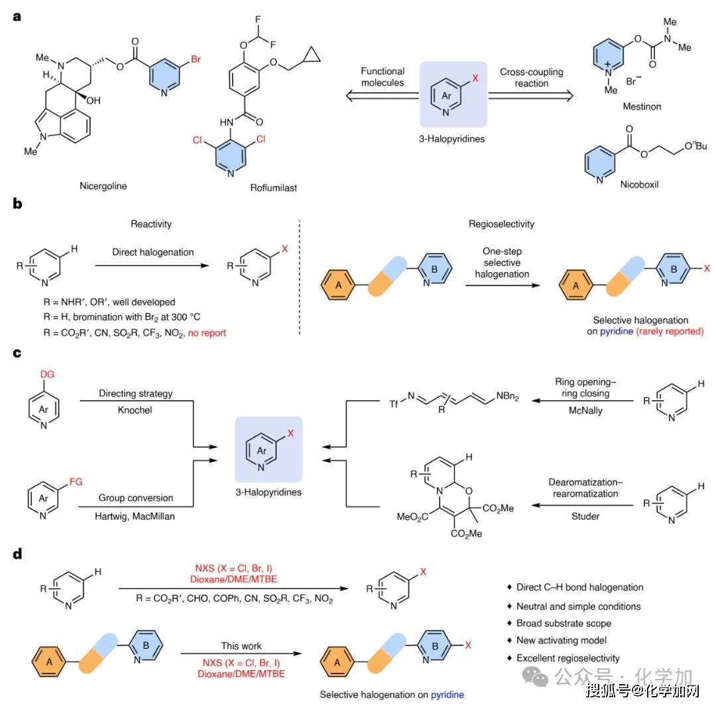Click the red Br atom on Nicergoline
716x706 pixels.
point(196,59)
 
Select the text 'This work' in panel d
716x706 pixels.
point(242,645)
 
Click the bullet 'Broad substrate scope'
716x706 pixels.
point(564,623)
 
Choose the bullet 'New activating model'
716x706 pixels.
point(562,641)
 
